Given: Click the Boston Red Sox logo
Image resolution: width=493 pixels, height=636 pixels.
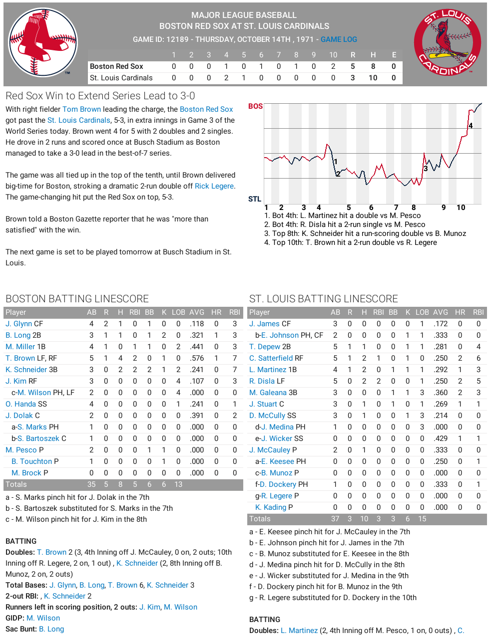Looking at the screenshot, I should (43, 42).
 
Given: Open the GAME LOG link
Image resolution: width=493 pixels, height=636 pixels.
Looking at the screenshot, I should (339, 39).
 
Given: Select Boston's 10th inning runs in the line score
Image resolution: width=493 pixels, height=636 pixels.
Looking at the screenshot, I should (333, 66).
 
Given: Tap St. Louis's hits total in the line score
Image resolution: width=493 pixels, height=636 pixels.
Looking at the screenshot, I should (373, 78).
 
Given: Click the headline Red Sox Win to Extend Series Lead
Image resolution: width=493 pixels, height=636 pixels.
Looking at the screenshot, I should (100, 96).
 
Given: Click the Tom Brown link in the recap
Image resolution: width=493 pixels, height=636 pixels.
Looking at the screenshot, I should (81, 109).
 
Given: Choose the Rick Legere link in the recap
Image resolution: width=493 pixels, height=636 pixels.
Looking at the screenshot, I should (214, 186).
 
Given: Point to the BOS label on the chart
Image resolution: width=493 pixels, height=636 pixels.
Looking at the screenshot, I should (255, 106).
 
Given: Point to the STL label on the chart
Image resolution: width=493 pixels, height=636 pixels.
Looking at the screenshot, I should (255, 199).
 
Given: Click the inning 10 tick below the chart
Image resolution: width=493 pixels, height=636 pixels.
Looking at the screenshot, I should (461, 208).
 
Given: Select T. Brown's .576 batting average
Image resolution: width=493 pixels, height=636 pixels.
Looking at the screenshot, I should (197, 358).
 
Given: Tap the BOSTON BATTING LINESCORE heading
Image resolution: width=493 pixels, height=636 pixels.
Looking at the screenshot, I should (77, 299).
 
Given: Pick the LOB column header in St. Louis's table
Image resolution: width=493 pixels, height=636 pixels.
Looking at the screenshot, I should (422, 312).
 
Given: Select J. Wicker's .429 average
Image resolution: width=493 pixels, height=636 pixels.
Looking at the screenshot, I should (441, 438).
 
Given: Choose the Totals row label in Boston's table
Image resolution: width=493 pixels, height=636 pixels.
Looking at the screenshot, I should (16, 484).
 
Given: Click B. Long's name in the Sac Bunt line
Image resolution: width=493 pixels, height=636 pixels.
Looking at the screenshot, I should (51, 629).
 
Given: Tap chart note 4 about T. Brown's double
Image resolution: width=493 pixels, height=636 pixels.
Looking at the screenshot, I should (354, 242).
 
